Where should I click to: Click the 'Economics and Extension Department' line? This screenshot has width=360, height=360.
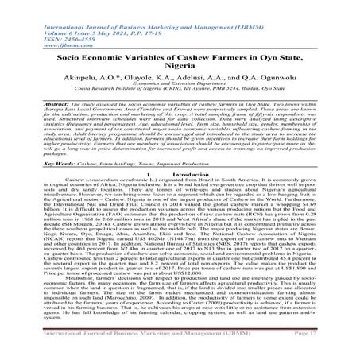click(x=180, y=93)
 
